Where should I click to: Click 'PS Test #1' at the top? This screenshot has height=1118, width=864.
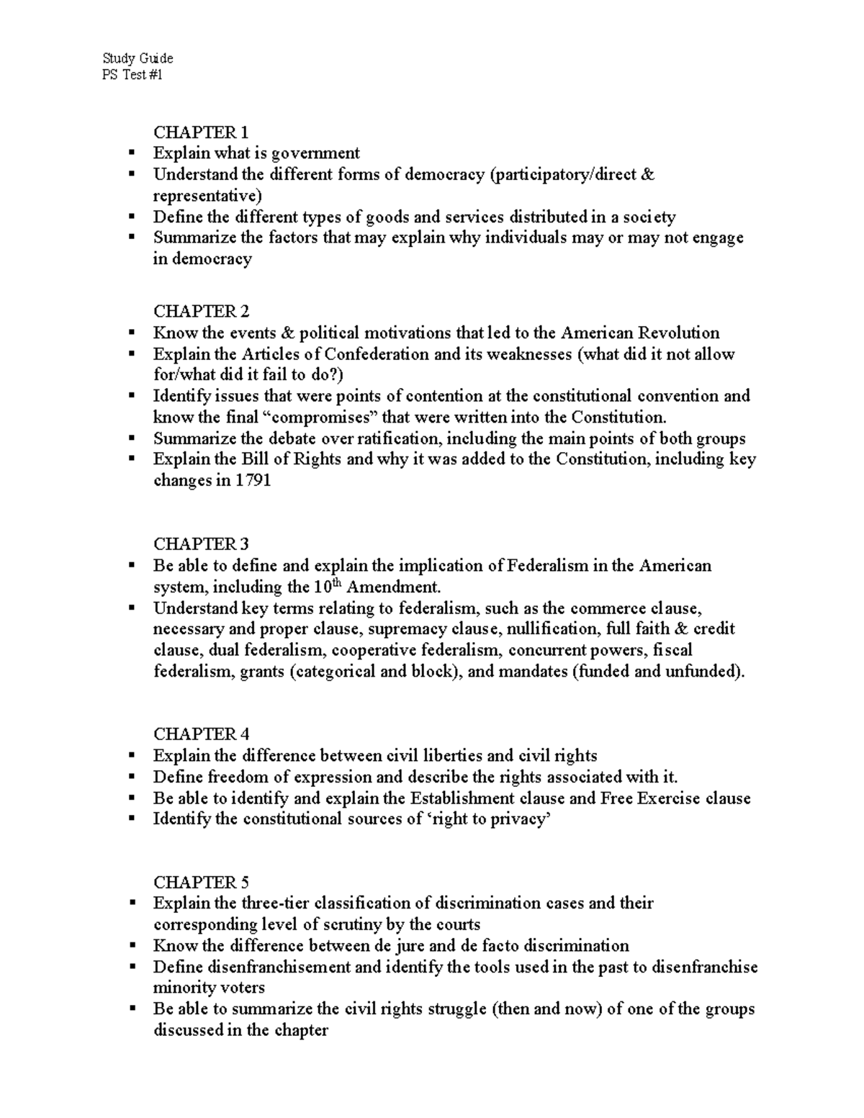point(132,74)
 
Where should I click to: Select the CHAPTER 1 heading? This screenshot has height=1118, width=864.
point(201,132)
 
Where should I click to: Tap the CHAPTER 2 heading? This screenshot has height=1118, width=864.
point(201,311)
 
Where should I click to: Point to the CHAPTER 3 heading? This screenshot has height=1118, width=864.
point(201,544)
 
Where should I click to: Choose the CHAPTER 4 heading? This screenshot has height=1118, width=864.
point(201,734)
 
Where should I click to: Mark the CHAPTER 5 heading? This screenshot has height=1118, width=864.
point(201,883)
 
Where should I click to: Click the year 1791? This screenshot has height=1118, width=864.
point(253,481)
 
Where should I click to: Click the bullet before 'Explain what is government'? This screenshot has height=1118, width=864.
point(131,153)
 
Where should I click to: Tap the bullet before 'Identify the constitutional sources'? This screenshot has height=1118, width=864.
point(131,819)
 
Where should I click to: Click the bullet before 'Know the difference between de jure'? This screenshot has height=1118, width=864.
point(131,945)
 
